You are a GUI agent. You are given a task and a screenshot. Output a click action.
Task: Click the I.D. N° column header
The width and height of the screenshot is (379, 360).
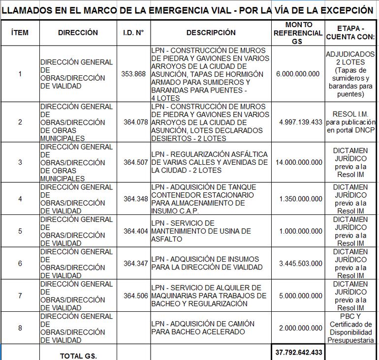(x=133, y=32)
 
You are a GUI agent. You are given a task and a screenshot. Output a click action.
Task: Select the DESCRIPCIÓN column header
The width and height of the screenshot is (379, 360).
(x=211, y=32)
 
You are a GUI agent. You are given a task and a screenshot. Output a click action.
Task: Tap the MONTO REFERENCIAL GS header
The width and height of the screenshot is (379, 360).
(x=298, y=33)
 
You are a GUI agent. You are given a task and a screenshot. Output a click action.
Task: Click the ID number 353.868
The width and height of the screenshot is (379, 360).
(x=133, y=74)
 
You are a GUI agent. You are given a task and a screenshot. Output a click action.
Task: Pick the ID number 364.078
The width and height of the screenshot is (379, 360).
(x=135, y=122)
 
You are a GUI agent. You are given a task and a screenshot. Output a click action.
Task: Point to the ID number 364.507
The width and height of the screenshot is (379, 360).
(x=135, y=162)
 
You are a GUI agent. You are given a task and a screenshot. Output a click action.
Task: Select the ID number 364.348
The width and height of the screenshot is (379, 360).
(x=135, y=199)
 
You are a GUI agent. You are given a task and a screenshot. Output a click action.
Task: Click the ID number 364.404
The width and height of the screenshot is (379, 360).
(x=135, y=231)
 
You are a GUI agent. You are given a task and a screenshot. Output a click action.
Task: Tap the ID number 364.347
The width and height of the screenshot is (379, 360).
(x=135, y=264)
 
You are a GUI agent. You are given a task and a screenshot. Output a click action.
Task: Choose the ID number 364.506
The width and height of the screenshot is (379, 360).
(x=135, y=296)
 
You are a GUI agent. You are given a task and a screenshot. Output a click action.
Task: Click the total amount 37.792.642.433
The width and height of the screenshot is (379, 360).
(x=298, y=352)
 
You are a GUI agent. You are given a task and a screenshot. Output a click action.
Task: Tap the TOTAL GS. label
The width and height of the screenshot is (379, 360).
(x=78, y=356)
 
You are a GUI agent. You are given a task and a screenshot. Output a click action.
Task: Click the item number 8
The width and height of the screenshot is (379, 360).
(x=20, y=328)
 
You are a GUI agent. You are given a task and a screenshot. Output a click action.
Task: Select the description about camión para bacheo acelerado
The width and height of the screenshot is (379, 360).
(x=203, y=328)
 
